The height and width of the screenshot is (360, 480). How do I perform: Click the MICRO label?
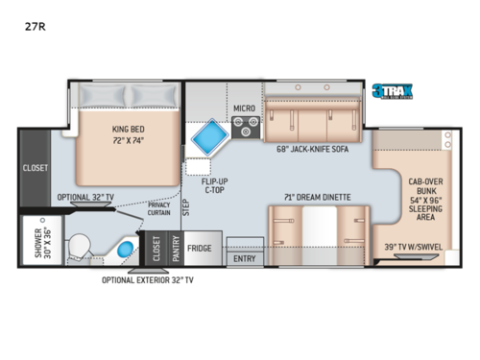[244, 109]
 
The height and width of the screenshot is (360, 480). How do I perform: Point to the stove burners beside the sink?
[247, 128]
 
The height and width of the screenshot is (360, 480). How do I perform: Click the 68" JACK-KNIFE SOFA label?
[303, 149]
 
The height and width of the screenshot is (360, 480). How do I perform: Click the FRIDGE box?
[200, 248]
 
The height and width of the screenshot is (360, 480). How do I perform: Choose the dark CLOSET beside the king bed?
[35, 167]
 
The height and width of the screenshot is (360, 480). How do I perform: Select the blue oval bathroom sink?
[125, 252]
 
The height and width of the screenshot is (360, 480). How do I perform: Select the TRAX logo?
[395, 92]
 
